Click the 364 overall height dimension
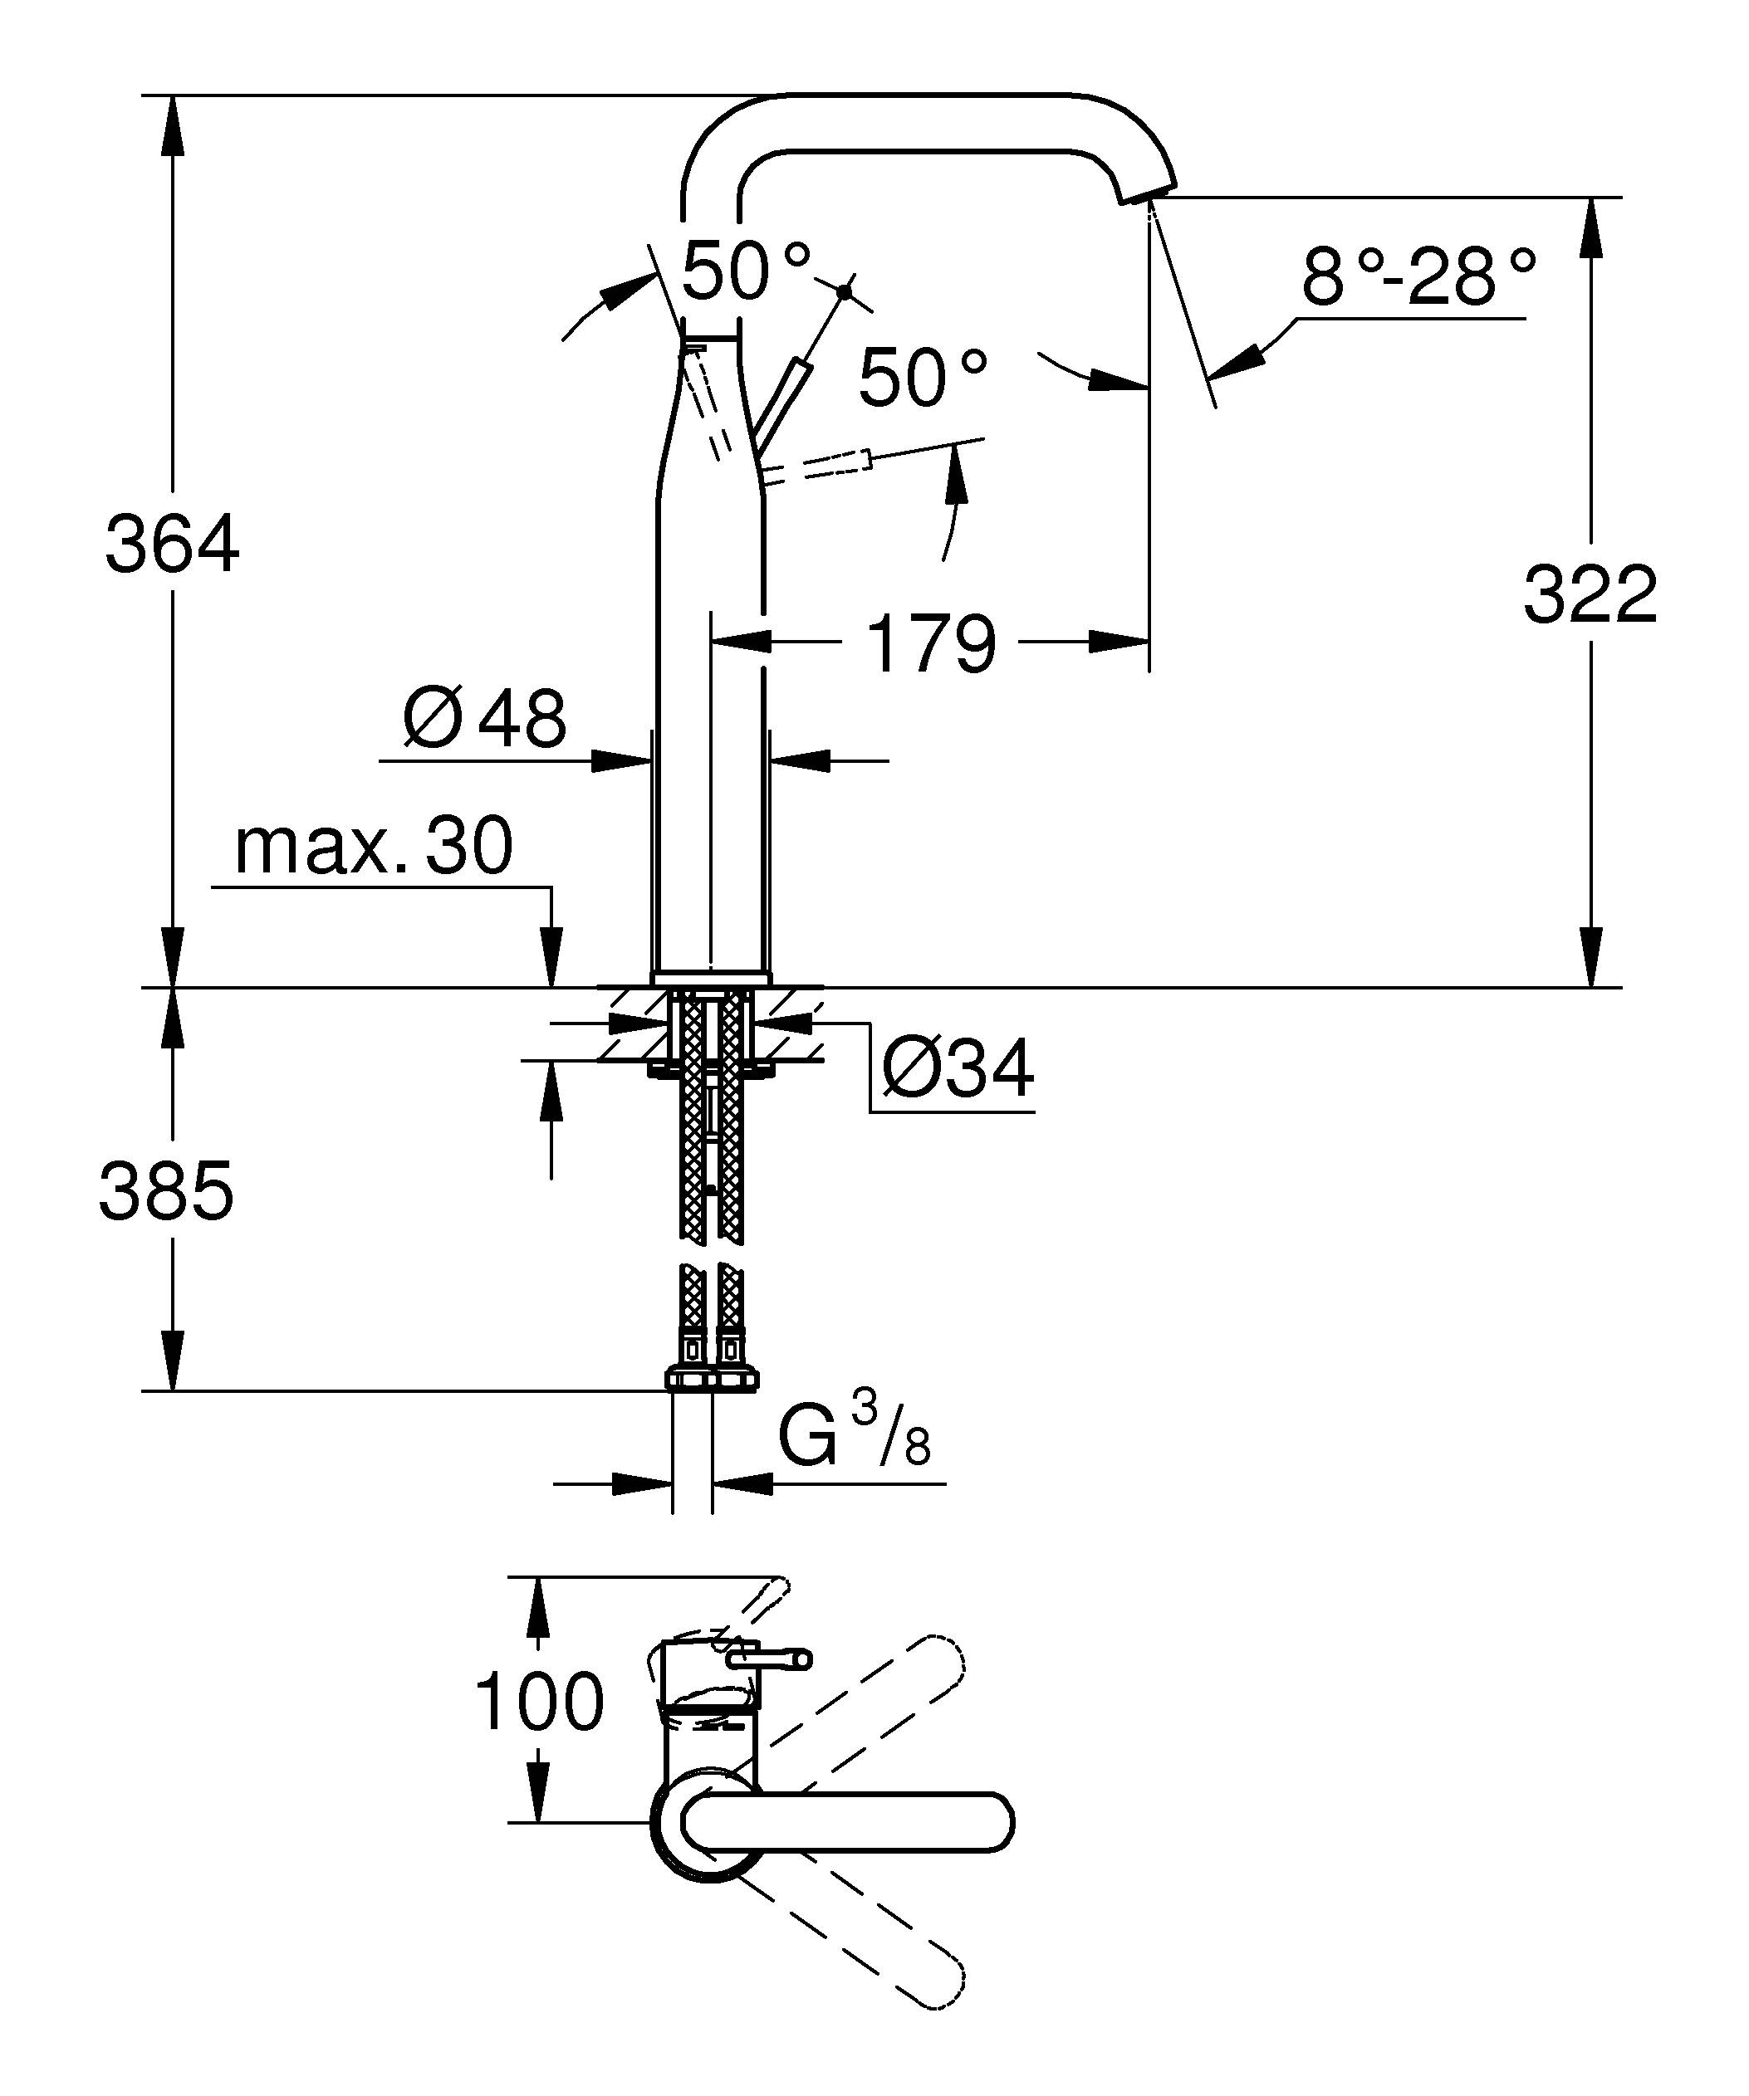172,544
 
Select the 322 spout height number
1590,595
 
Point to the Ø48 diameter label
485,718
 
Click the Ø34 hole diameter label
957,1069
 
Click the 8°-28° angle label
1417,278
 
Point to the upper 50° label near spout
746,271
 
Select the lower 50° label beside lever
923,379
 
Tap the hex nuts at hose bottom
711,1380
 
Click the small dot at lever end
845,291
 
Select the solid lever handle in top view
849,1821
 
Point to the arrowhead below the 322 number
1590,958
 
